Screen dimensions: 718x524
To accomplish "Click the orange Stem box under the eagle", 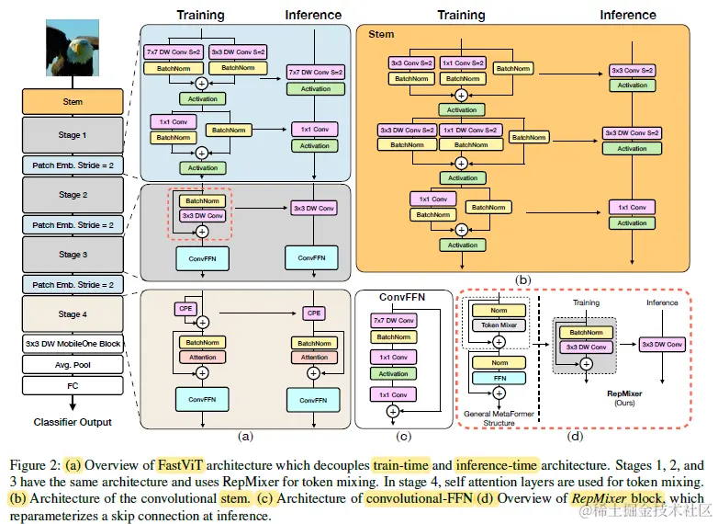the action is (73, 102).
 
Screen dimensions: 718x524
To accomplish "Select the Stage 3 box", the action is (73, 255).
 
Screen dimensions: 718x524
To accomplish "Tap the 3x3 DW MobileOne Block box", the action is (73, 344).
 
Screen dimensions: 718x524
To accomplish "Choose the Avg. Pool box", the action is (73, 365).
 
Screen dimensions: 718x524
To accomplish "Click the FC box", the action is (73, 386).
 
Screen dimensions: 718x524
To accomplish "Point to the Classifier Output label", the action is (73, 422).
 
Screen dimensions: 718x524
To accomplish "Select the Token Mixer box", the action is (499, 325).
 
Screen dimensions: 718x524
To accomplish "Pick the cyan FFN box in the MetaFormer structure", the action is (499, 378).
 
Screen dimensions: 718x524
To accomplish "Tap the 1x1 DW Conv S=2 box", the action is (470, 131).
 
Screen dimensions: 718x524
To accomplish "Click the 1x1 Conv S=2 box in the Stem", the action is (463, 63).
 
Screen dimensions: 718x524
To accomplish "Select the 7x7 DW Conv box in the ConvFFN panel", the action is (393, 321).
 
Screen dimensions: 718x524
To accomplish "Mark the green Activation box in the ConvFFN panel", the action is (393, 374).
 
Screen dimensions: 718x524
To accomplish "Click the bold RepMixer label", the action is (624, 393).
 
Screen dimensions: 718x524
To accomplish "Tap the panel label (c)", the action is (403, 436).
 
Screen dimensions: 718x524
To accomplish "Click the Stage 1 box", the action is (73, 135).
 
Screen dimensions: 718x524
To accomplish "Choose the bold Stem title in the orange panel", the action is (381, 34).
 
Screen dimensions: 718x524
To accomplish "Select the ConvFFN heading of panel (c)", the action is (402, 297).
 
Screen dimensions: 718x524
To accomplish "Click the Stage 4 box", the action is (73, 314).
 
